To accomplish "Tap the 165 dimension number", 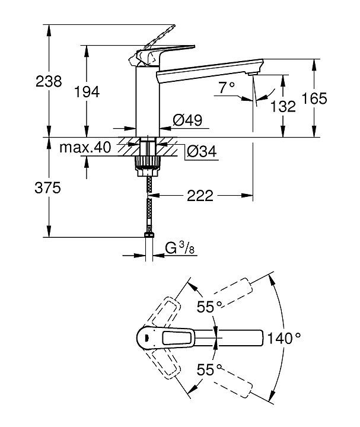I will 314,98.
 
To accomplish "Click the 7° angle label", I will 227,88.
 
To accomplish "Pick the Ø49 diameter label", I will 187,120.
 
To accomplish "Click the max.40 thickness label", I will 85,147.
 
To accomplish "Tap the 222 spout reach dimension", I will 200,196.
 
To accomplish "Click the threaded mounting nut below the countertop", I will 146,162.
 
